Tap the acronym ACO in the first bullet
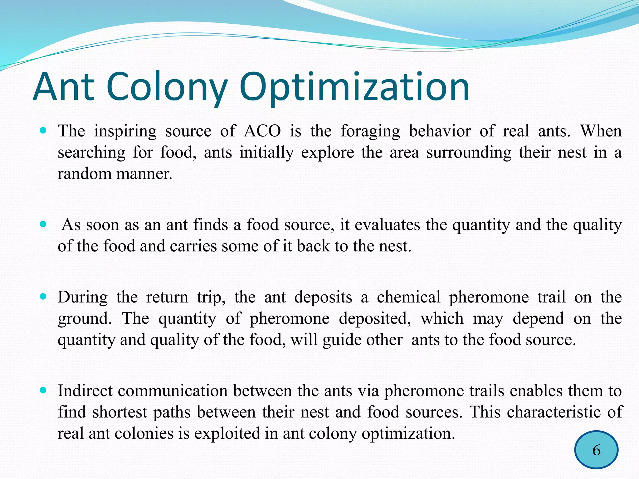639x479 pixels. [262, 131]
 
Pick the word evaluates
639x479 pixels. [387, 225]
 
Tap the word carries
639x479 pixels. [193, 246]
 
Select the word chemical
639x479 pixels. [408, 297]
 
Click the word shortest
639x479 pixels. [120, 412]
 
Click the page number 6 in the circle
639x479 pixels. [596, 450]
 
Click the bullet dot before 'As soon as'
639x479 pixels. [43, 224]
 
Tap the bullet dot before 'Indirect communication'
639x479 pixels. [43, 390]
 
